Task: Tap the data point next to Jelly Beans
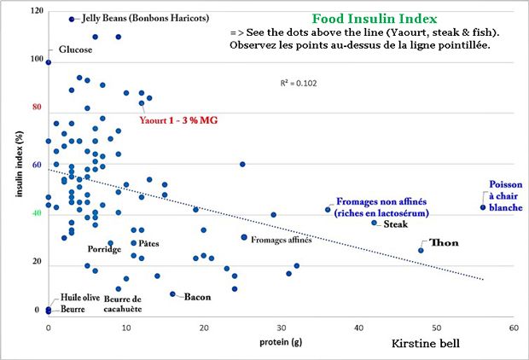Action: tap(72, 19)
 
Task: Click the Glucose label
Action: tap(75, 49)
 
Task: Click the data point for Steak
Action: tap(375, 223)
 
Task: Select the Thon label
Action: tap(444, 243)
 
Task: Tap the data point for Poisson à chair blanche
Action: tap(483, 207)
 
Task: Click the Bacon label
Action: tap(197, 297)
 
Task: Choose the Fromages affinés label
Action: tap(281, 240)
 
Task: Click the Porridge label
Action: tap(106, 249)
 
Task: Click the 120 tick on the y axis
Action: tap(35, 11)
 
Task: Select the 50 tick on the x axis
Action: tap(436, 328)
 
